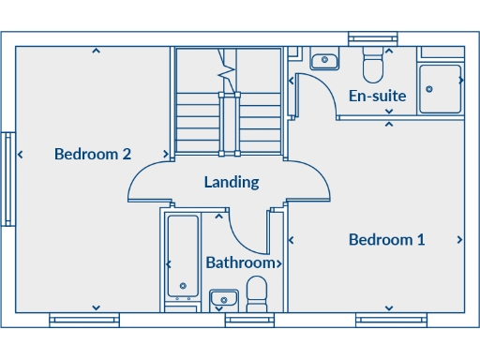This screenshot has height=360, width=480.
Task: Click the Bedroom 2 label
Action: [x=92, y=155]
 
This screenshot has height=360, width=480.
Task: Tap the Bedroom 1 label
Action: [x=386, y=240]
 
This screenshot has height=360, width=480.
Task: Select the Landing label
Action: [x=232, y=182]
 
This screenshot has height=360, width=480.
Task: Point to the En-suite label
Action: [x=377, y=96]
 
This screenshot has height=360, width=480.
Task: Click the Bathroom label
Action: [x=240, y=262]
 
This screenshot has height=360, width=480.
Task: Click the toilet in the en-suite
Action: [x=373, y=64]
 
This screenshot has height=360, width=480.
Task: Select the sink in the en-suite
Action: [x=324, y=61]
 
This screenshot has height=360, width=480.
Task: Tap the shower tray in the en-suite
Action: [x=441, y=88]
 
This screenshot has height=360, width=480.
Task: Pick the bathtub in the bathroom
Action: [x=182, y=257]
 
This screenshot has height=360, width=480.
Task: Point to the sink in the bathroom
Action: [x=222, y=300]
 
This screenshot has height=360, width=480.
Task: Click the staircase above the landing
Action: [x=228, y=103]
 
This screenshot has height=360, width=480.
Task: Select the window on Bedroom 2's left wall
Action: [x=7, y=179]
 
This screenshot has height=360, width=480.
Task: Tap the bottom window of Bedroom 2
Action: [x=84, y=320]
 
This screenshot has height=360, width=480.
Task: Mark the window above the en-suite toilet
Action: [x=373, y=38]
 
